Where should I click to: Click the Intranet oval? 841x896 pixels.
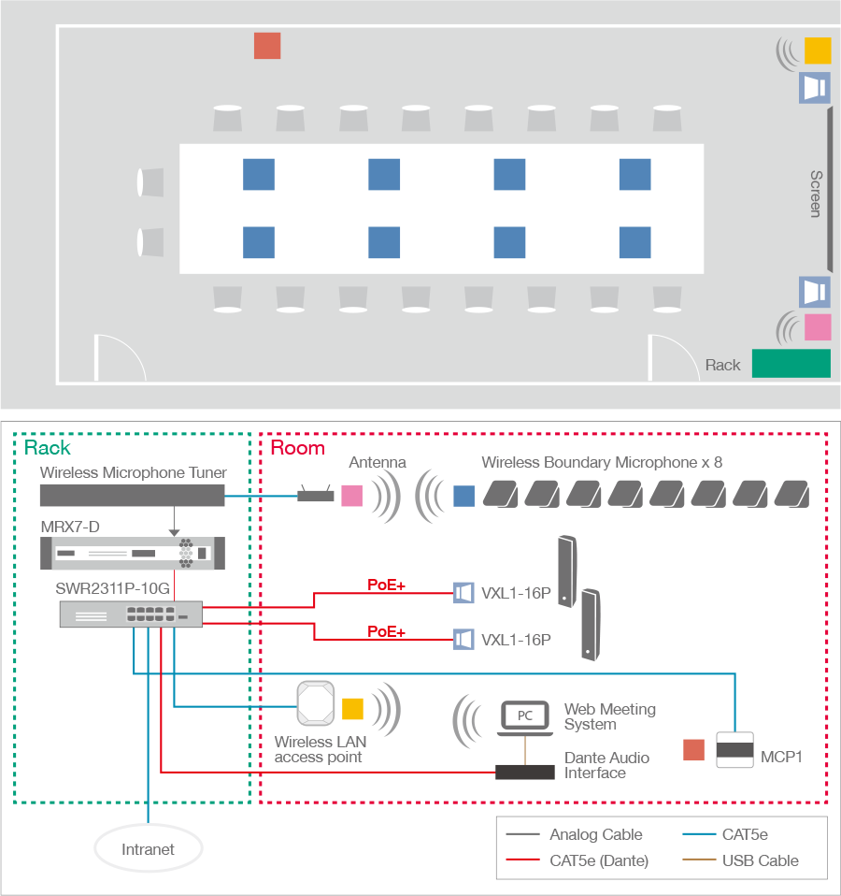(149, 849)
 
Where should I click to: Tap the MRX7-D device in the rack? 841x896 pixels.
(132, 555)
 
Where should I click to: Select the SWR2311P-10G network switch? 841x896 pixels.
(131, 614)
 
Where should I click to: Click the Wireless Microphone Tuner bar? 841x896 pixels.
(133, 497)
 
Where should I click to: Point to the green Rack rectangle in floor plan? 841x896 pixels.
(791, 363)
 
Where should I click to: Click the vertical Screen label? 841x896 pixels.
(816, 195)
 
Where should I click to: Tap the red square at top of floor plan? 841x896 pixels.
(267, 46)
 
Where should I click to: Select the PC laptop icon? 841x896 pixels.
(525, 718)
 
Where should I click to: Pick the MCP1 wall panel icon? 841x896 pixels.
(734, 750)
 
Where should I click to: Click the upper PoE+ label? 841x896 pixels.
(386, 585)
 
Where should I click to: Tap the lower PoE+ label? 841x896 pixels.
(386, 632)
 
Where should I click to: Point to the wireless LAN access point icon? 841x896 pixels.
(315, 703)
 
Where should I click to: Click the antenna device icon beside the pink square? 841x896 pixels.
(316, 495)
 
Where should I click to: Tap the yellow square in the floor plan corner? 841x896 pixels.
(818, 51)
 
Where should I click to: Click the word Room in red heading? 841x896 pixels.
(297, 447)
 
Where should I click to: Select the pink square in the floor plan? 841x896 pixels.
(818, 327)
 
